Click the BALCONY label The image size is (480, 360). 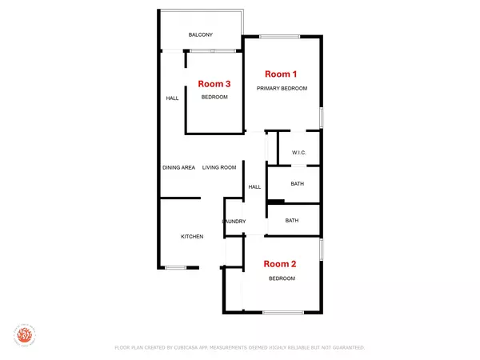click(200, 34)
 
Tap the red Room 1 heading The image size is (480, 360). click(281, 73)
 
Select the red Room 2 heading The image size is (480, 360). click(281, 263)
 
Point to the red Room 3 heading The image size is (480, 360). click(214, 83)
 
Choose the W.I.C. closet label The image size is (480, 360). click(299, 153)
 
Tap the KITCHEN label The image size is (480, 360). click(192, 236)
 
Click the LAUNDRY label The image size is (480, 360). click(234, 221)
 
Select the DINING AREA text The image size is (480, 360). click(179, 167)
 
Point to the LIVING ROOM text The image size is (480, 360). click(219, 167)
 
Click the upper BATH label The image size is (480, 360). click(297, 184)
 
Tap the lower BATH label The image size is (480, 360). click(292, 220)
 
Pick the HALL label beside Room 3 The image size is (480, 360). click(172, 98)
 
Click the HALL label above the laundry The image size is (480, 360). click(254, 186)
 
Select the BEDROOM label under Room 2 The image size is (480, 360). click(282, 278)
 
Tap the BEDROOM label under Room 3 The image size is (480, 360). click(214, 97)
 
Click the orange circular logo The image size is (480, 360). click(24, 334)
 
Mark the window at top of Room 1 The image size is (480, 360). click(274, 36)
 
